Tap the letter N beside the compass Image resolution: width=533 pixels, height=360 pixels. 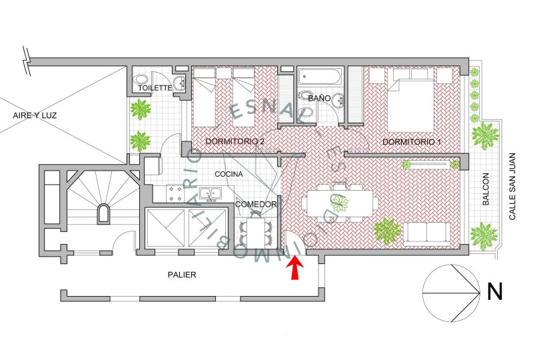494,291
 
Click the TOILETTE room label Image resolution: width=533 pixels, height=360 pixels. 155,88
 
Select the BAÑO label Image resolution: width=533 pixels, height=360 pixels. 320,98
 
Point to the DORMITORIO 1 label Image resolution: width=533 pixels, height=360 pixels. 412,141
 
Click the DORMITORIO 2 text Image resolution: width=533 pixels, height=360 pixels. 235,141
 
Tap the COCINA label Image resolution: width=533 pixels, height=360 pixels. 229,174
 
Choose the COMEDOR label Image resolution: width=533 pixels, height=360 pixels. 256,204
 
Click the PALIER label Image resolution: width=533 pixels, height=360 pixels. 182,275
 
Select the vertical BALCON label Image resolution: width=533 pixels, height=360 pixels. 486,189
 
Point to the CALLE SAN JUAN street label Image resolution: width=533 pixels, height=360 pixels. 512,186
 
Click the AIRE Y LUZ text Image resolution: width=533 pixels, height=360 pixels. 35,115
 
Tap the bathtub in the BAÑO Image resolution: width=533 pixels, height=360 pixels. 319,77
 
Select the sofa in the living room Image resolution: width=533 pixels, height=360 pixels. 427,234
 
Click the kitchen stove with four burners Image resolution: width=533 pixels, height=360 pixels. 175,194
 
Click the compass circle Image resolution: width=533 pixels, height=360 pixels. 452,293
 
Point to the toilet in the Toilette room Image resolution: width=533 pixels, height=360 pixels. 140,80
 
